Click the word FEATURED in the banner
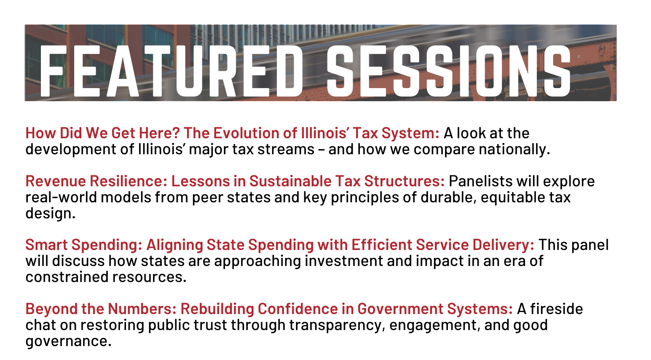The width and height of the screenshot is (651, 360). point(171,71)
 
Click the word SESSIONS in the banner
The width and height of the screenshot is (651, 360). point(449,71)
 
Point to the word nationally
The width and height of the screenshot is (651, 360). point(514,150)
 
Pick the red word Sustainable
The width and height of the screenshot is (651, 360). point(290,181)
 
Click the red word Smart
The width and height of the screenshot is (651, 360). point(46,245)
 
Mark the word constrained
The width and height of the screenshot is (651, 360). point(67,277)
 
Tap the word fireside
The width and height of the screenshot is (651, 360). point(557,309)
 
